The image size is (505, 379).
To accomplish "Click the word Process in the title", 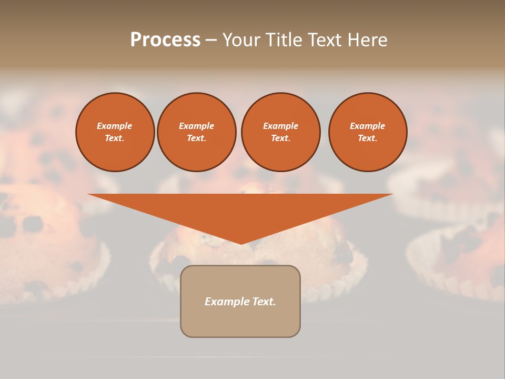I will pos(165,40).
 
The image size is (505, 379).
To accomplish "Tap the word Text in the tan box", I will pos(264,302).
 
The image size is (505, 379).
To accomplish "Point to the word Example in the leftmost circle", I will pos(115,126).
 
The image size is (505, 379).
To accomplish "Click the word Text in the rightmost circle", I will pos(367,138).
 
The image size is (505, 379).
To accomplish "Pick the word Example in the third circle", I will pos(280,126).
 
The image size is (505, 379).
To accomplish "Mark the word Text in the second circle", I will pos(196,138).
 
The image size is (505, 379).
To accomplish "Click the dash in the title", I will pos(211,40).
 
